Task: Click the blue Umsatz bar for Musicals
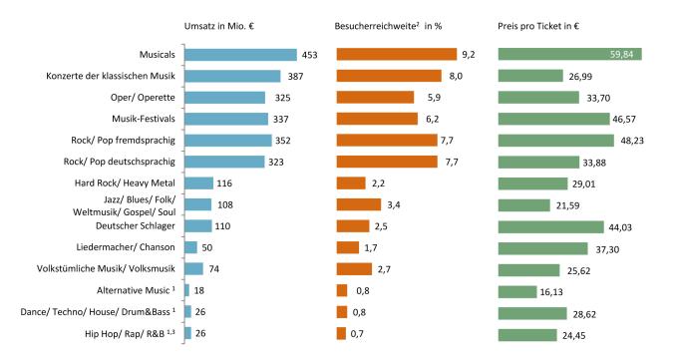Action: pos(240,55)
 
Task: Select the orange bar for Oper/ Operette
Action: pos(375,97)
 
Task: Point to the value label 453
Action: pos(309,55)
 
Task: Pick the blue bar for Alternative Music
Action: pos(186,290)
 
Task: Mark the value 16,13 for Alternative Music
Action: pos(563,290)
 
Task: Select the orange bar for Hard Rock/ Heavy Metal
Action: pos(351,182)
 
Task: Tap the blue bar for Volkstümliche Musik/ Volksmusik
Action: pos(193,268)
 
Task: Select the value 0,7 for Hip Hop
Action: pos(357,333)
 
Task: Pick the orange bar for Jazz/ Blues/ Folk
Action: pos(358,204)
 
